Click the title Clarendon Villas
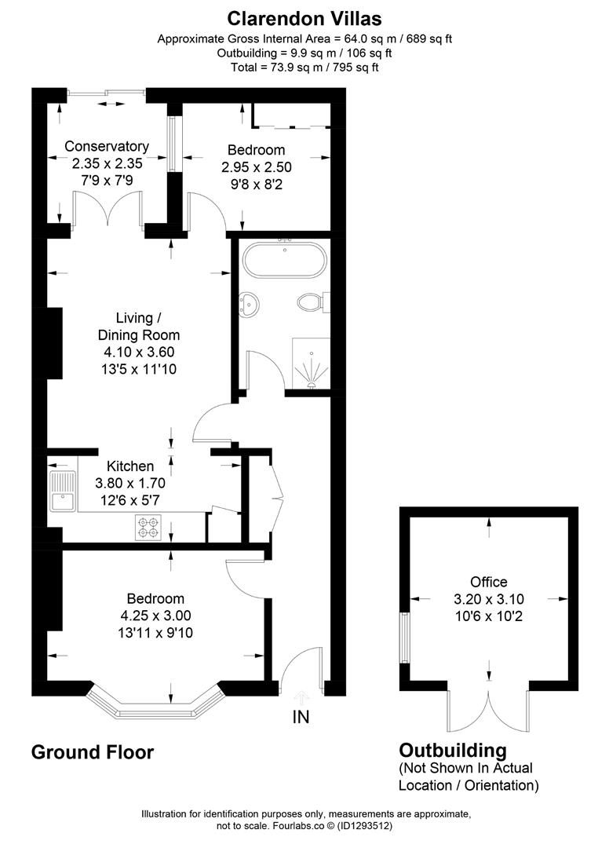(304, 17)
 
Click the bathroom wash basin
(250, 303)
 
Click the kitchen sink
(61, 492)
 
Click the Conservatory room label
(107, 146)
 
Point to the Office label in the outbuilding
(488, 582)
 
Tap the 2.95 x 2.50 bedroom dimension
(256, 166)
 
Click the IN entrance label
(301, 716)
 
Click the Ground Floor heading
(92, 752)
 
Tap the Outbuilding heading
(453, 750)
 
